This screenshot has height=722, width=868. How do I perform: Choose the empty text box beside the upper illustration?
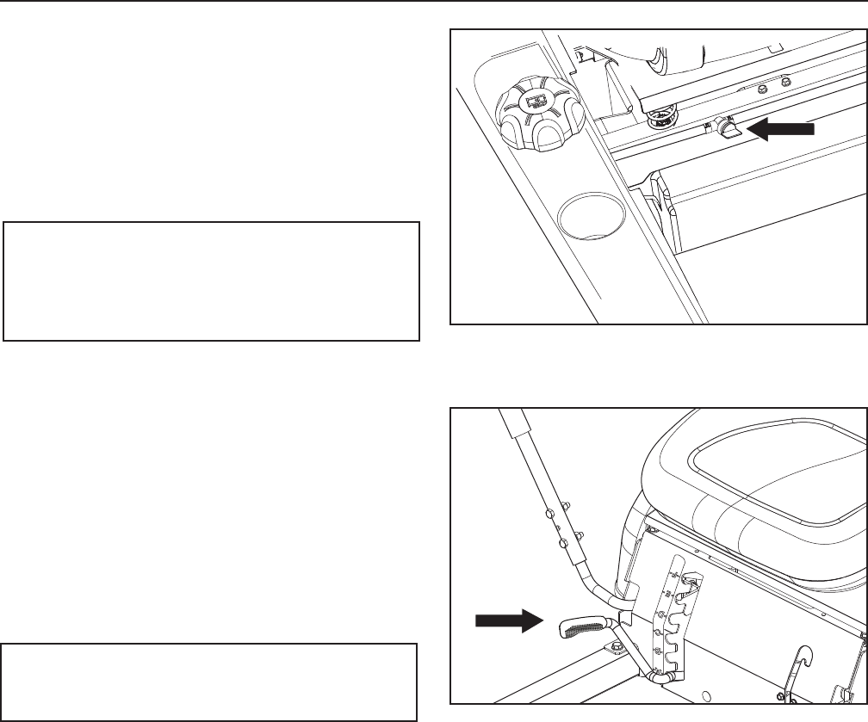[211, 281]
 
